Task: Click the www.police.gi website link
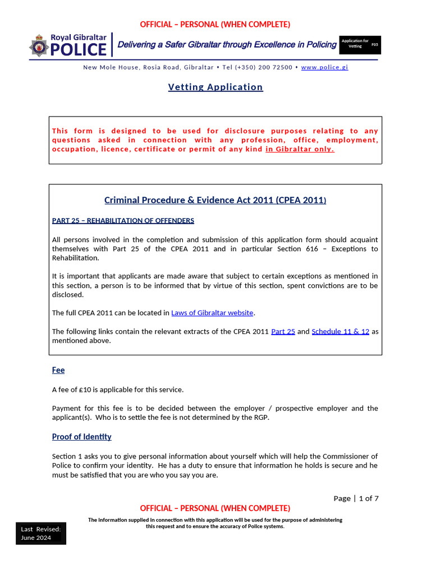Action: click(324, 67)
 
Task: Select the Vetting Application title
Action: click(215, 87)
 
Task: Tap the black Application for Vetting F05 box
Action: click(360, 45)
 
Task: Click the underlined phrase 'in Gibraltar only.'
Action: click(300, 149)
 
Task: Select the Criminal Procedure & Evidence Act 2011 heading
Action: click(215, 200)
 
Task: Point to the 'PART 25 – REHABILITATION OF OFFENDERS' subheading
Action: click(123, 220)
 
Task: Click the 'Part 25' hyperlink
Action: click(283, 331)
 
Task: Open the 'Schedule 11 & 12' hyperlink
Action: click(340, 331)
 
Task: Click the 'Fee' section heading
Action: click(58, 371)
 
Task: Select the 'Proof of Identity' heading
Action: click(81, 437)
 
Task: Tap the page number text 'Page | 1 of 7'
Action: click(356, 498)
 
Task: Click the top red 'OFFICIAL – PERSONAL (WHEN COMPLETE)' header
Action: click(215, 24)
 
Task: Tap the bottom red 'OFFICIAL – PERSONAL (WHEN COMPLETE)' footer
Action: click(215, 508)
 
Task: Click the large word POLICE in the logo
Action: click(78, 49)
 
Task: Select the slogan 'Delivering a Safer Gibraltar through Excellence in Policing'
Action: click(227, 45)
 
